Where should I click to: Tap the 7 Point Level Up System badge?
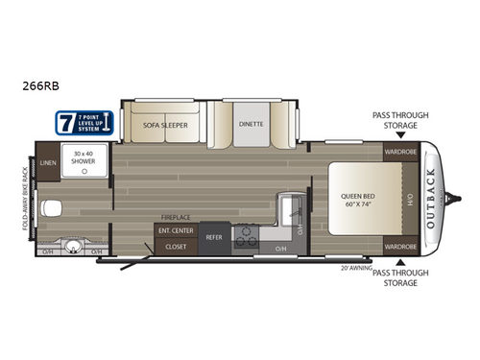tap(84, 123)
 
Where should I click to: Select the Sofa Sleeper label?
tap(165, 125)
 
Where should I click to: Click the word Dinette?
tap(249, 125)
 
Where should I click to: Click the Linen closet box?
tap(50, 165)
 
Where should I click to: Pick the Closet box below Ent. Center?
tap(176, 246)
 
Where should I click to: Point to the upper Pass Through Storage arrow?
tap(400, 136)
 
